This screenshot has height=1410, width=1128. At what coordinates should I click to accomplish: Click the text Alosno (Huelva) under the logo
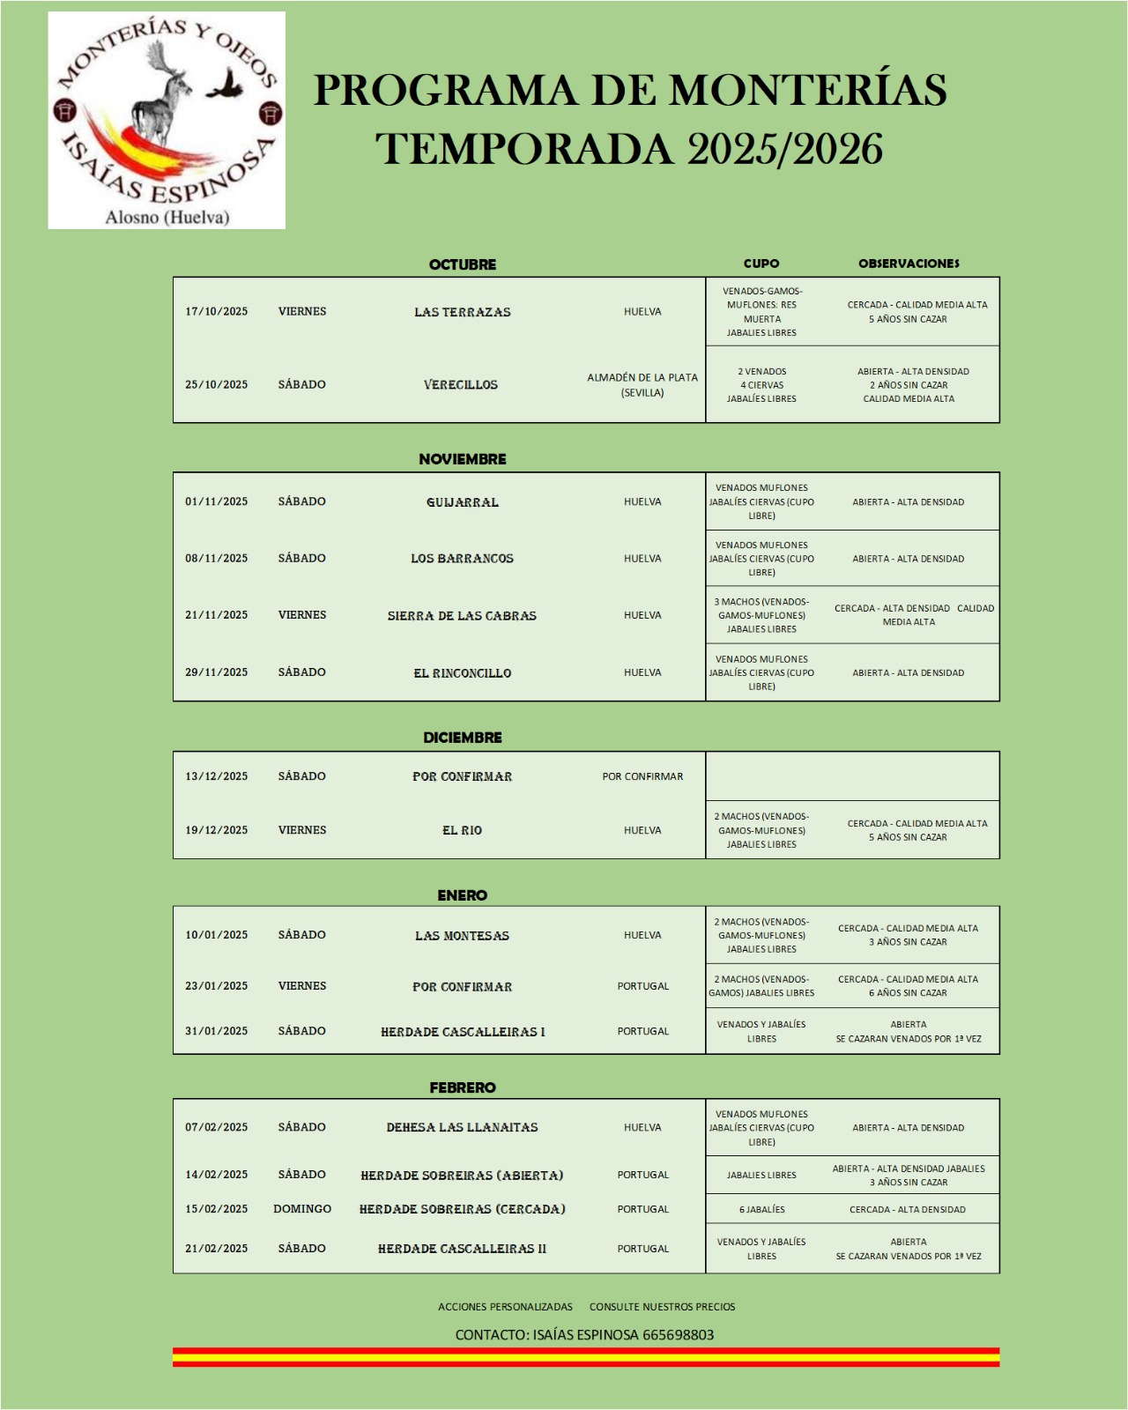click(x=167, y=217)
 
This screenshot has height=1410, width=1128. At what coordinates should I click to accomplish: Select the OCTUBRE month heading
click(x=462, y=264)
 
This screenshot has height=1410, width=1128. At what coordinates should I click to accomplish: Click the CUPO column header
click(x=761, y=263)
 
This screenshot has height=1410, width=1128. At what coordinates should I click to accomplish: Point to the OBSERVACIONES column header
click(x=909, y=263)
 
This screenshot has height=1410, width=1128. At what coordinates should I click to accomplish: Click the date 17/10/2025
click(x=216, y=311)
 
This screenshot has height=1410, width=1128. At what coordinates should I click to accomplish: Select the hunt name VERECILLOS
click(x=461, y=385)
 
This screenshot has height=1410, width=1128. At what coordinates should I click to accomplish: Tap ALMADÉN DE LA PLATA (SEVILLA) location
click(x=642, y=385)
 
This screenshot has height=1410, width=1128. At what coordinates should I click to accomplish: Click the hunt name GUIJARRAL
click(x=462, y=502)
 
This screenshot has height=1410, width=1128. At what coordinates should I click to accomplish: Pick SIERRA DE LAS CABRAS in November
click(x=462, y=616)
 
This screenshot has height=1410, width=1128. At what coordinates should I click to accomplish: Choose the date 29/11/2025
click(x=216, y=672)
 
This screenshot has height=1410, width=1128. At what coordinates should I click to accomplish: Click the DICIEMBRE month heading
click(x=462, y=738)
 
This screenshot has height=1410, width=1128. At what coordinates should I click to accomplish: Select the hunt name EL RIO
click(x=462, y=830)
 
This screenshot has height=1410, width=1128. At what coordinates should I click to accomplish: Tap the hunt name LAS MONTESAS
click(x=462, y=936)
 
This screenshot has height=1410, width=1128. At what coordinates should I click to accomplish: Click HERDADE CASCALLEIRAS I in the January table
click(x=462, y=1032)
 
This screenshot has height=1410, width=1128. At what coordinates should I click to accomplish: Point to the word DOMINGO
click(x=302, y=1209)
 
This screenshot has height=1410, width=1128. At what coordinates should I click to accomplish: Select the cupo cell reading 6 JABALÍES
click(x=761, y=1210)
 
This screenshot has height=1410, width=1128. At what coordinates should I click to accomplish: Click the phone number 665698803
click(x=678, y=1335)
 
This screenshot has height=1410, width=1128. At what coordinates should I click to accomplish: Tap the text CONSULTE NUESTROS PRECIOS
click(x=662, y=1307)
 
